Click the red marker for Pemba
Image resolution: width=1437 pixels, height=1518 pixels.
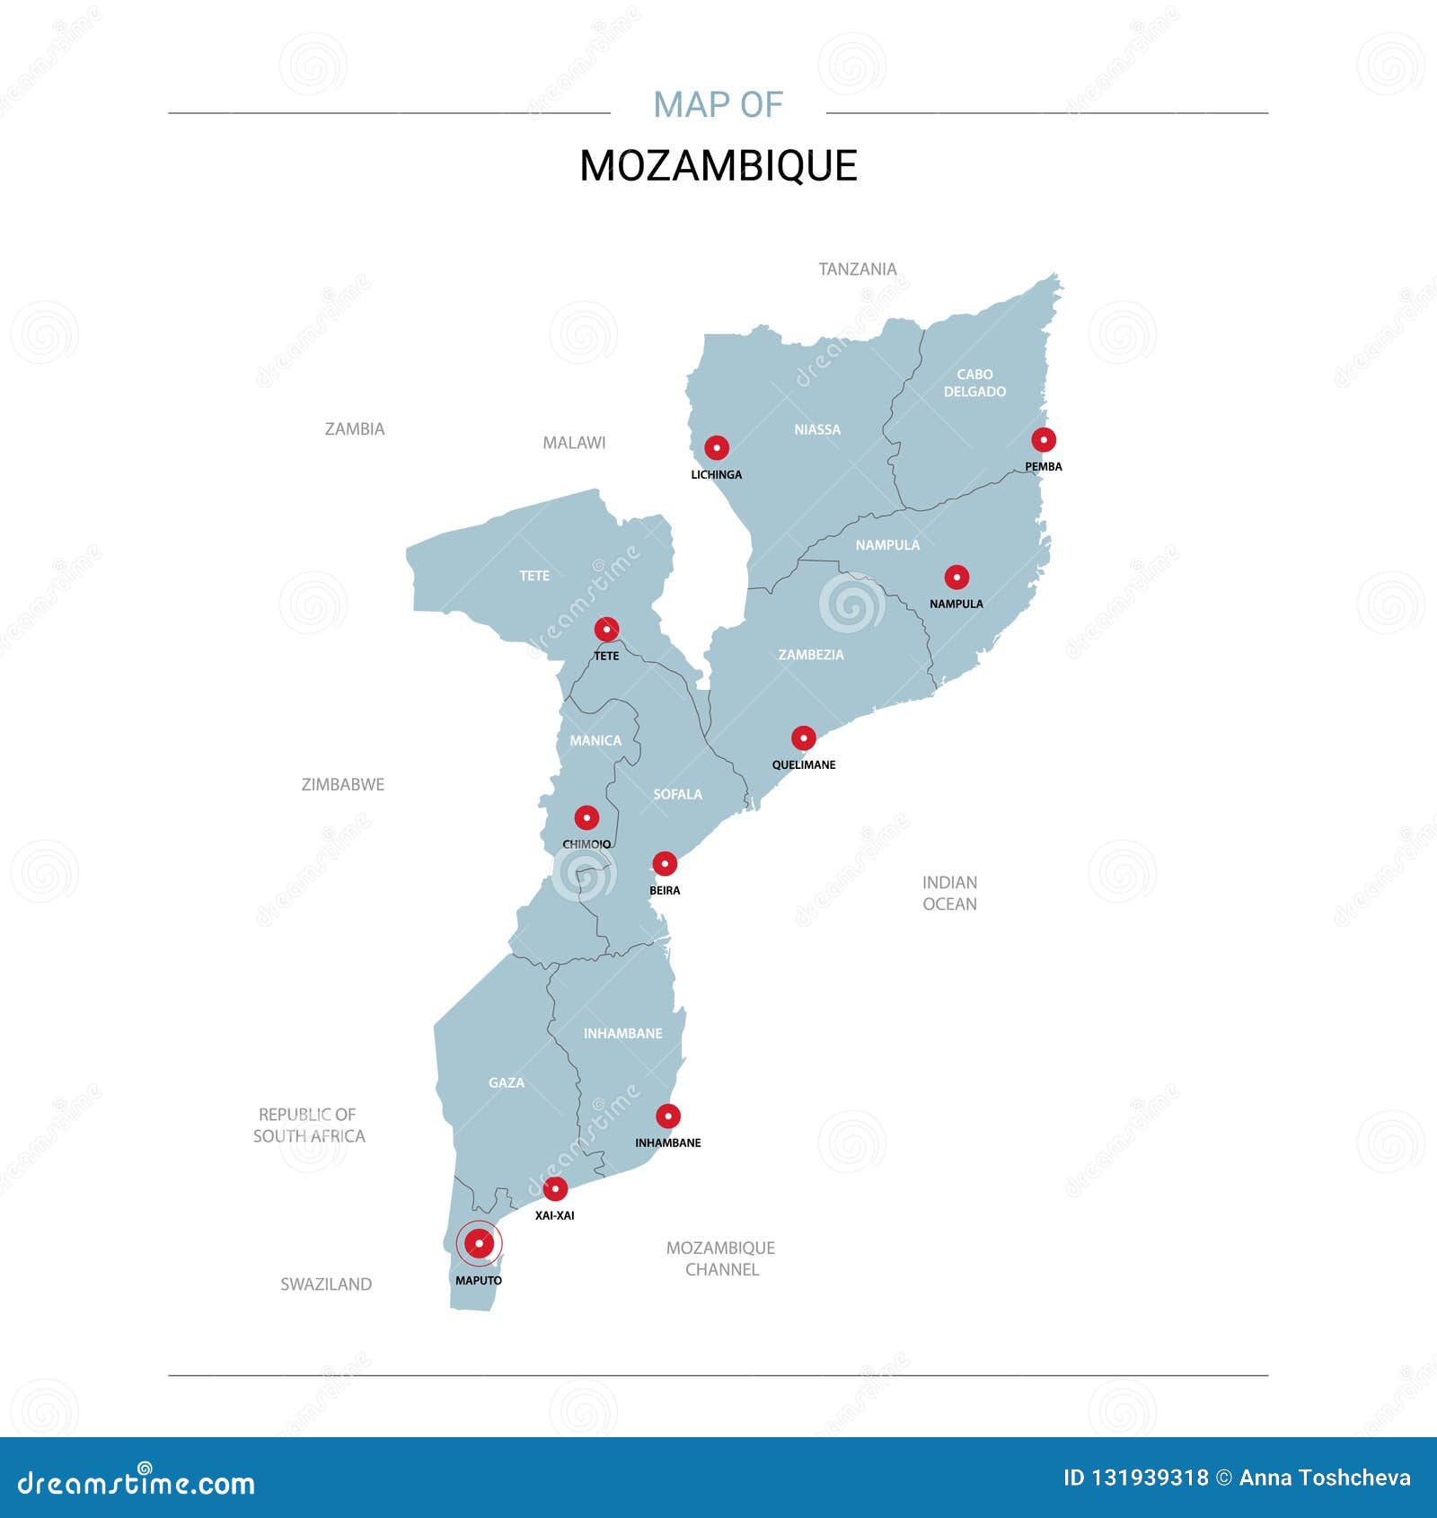pyautogui.click(x=1043, y=440)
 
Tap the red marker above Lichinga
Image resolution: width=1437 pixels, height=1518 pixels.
pyautogui.click(x=716, y=447)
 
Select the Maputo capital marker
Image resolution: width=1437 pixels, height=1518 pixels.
pyautogui.click(x=479, y=1244)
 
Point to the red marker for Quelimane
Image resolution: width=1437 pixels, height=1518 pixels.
pyautogui.click(x=803, y=738)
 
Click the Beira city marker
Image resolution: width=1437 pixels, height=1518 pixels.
pyautogui.click(x=665, y=864)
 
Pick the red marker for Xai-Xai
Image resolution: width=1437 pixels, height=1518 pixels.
pyautogui.click(x=555, y=1189)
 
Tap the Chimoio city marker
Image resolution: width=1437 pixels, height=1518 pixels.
pyautogui.click(x=586, y=817)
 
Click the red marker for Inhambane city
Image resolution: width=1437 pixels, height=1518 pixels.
pyautogui.click(x=667, y=1116)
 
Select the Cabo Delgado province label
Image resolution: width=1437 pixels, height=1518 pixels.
pyautogui.click(x=974, y=383)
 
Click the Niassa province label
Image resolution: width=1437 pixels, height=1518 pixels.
pyautogui.click(x=817, y=430)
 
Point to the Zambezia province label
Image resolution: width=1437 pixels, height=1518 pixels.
pyautogui.click(x=811, y=655)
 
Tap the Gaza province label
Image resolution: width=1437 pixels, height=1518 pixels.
pyautogui.click(x=507, y=1083)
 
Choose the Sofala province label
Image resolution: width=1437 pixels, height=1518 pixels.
pyautogui.click(x=677, y=794)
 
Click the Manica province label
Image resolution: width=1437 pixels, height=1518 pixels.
pyautogui.click(x=595, y=741)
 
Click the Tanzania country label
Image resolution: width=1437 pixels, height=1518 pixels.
pyautogui.click(x=857, y=269)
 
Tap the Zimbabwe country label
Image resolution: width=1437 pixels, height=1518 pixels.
pyautogui.click(x=342, y=785)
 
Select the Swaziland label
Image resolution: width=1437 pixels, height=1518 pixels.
pyautogui.click(x=326, y=1284)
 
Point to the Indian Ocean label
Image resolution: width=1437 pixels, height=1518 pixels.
pyautogui.click(x=949, y=893)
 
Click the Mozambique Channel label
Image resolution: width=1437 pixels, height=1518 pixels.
pyautogui.click(x=720, y=1258)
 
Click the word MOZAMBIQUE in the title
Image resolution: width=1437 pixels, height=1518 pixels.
pyautogui.click(x=718, y=166)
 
